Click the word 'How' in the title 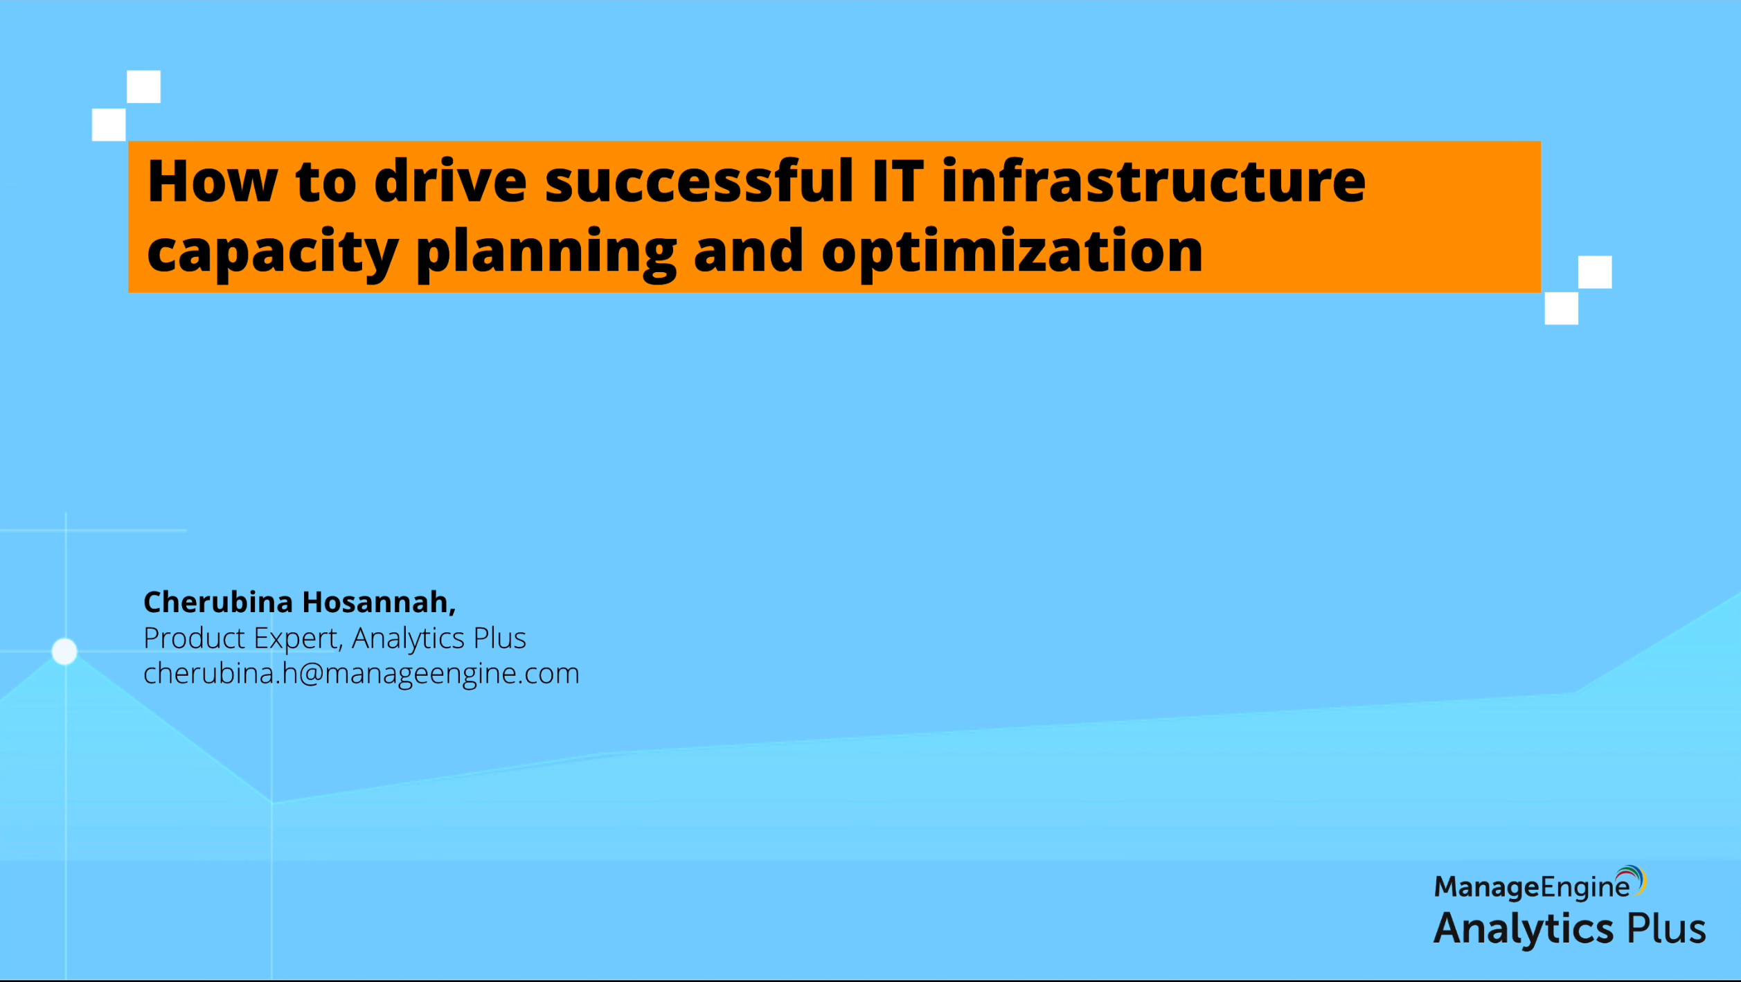pyautogui.click(x=213, y=181)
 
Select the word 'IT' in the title pyautogui.click(x=898, y=181)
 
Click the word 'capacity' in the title pyautogui.click(x=272, y=253)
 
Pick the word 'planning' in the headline pyautogui.click(x=546, y=253)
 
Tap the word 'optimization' pyautogui.click(x=1012, y=253)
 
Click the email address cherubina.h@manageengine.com pyautogui.click(x=361, y=674)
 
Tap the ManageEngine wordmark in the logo pyautogui.click(x=1532, y=887)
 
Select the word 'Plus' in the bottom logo pyautogui.click(x=1666, y=928)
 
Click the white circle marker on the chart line pyautogui.click(x=64, y=652)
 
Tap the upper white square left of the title pyautogui.click(x=143, y=87)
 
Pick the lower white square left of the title pyautogui.click(x=109, y=125)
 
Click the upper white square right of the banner pyautogui.click(x=1595, y=272)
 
